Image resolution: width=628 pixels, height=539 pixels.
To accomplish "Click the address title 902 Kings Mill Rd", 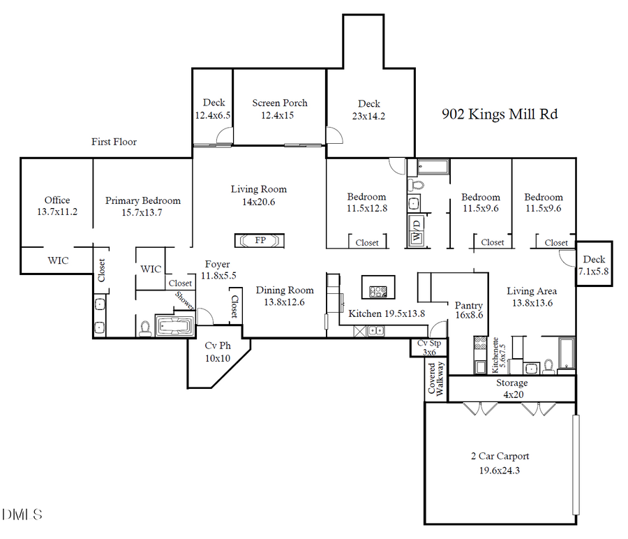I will click(500, 114).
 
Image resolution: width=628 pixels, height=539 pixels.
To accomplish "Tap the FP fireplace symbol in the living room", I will click(260, 240).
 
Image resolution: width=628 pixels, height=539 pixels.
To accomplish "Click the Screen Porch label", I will click(280, 103).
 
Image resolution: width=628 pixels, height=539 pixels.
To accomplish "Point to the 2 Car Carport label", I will click(500, 456).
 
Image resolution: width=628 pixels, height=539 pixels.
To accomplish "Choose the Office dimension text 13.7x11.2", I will click(57, 212).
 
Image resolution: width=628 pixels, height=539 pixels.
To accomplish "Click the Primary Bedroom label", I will click(143, 200).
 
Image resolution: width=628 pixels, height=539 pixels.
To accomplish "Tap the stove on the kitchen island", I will click(378, 292).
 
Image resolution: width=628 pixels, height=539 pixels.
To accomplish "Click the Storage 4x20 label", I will click(512, 383).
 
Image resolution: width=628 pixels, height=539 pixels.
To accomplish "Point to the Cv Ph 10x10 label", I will click(217, 352).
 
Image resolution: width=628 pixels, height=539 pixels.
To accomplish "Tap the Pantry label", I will click(469, 305).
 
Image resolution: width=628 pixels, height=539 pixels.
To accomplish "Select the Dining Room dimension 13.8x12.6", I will click(285, 302).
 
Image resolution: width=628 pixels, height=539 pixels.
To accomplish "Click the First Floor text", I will click(114, 142).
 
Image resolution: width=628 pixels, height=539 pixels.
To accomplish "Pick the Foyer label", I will click(217, 265).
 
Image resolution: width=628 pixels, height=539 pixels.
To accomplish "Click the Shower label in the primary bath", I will click(185, 301).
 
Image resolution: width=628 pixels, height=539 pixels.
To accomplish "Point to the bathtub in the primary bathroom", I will click(174, 325).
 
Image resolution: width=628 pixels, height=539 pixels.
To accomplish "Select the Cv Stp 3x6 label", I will click(428, 344).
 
